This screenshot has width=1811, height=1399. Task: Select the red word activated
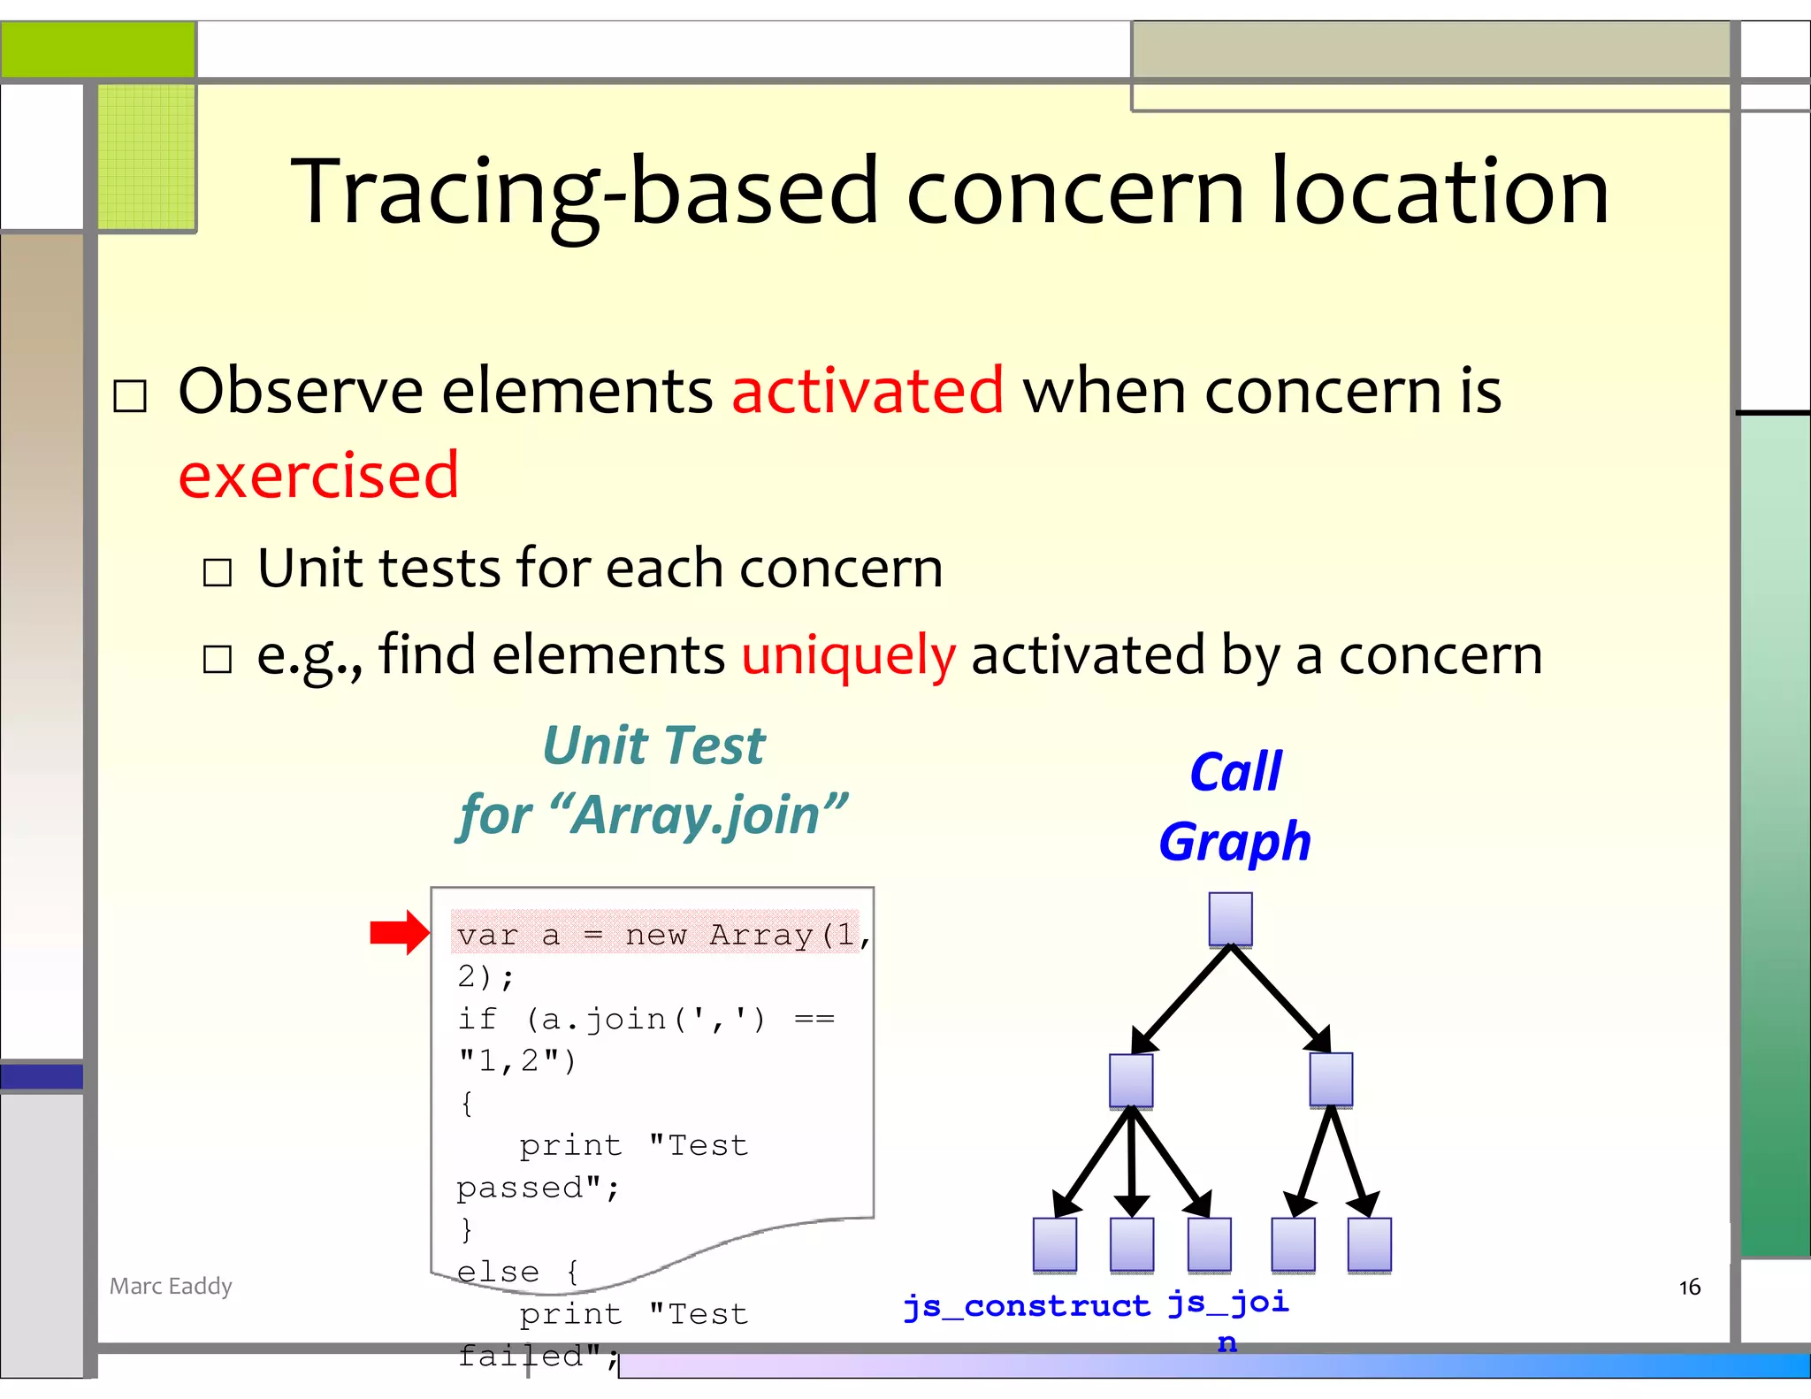click(867, 391)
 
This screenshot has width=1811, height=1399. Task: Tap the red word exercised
click(318, 476)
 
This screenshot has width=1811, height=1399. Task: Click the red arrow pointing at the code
click(399, 932)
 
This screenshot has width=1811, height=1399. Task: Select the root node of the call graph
click(1230, 920)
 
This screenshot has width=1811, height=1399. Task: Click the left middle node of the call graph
click(1131, 1080)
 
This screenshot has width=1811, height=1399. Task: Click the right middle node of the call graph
click(1331, 1080)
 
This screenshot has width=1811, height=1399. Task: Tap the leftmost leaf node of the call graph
click(1055, 1245)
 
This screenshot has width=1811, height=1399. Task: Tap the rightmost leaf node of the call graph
click(1369, 1245)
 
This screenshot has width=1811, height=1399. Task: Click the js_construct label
click(1026, 1306)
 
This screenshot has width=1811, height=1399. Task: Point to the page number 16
click(1689, 1287)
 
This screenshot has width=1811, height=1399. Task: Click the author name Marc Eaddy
click(171, 1286)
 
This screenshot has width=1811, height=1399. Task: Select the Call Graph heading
click(1234, 807)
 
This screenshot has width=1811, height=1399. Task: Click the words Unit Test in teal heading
click(653, 745)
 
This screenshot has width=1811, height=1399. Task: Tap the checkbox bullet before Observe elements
click(130, 395)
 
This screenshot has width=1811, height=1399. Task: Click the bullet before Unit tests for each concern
click(218, 572)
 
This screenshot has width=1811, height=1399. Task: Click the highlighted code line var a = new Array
click(654, 935)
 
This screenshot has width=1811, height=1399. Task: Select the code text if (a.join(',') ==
click(646, 1020)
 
